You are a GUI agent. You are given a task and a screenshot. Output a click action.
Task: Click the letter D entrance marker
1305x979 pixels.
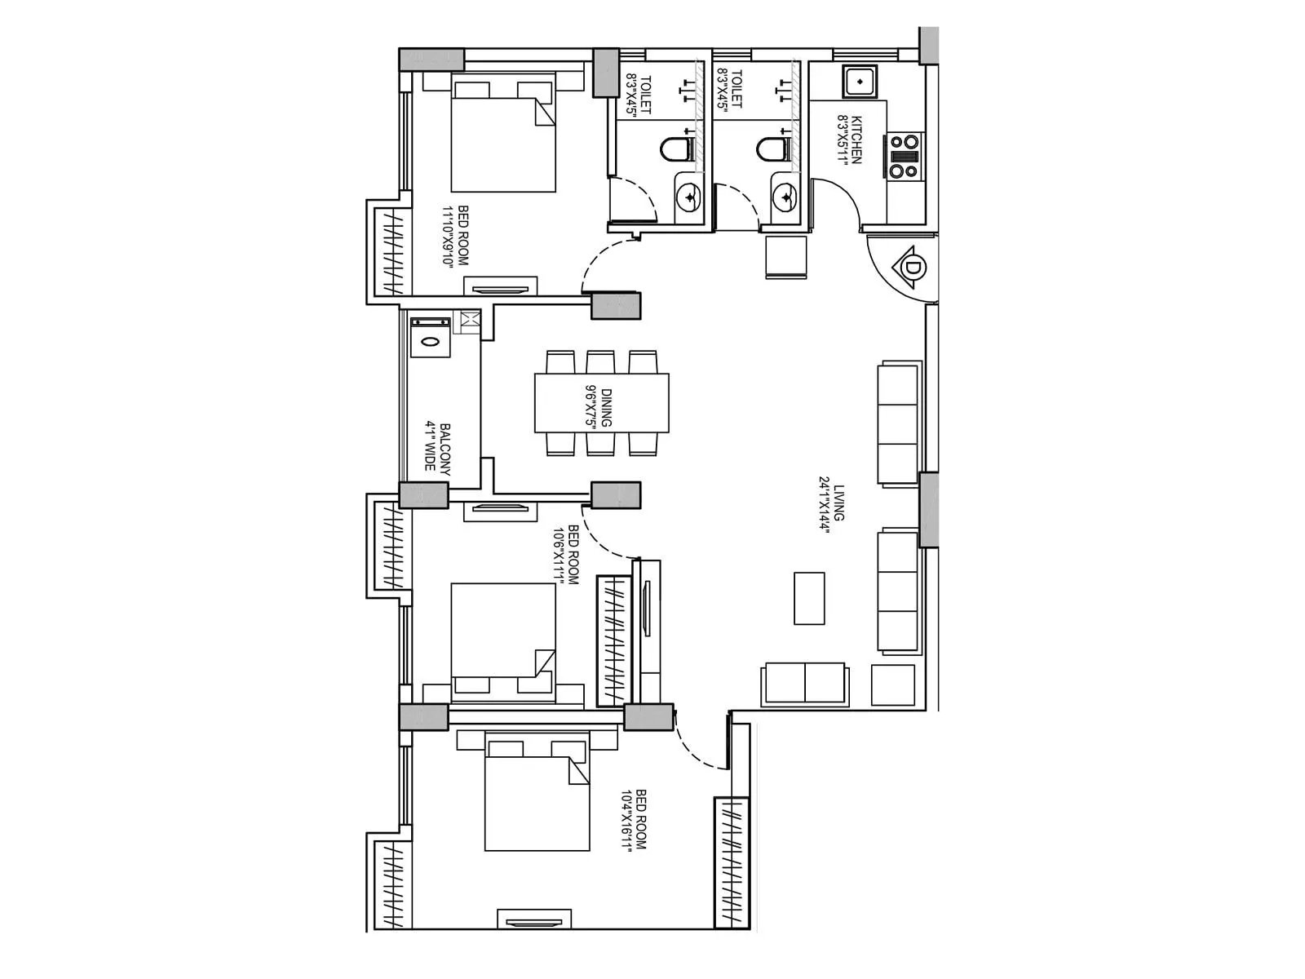coord(914,268)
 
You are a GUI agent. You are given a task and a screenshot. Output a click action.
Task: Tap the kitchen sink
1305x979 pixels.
coord(860,81)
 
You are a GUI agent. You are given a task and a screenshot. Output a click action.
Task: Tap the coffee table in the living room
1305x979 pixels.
coord(809,598)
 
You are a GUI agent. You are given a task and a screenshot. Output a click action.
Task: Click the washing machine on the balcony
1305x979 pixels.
coord(430,336)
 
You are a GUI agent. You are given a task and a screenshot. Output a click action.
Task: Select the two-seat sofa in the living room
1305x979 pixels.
coord(805,684)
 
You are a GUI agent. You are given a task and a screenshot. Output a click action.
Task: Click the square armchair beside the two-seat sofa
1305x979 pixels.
coord(893,684)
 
